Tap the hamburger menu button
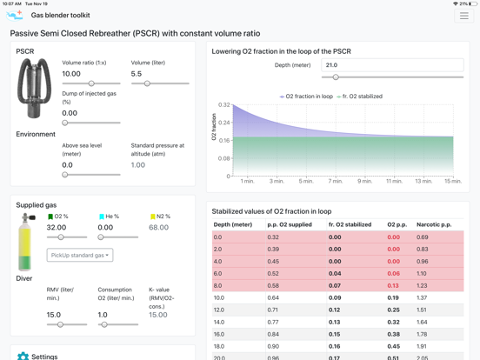click(x=463, y=16)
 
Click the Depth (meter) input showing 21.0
click(x=392, y=65)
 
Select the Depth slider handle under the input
click(x=336, y=77)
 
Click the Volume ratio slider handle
click(x=91, y=83)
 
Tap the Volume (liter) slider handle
click(x=147, y=83)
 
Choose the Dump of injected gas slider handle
click(x=65, y=123)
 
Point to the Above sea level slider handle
click(x=65, y=175)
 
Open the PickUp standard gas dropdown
click(x=80, y=255)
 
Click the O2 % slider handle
click(x=61, y=237)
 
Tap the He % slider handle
click(x=101, y=237)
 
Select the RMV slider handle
click(x=60, y=324)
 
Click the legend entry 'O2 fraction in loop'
click(x=306, y=97)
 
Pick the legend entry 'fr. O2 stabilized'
click(x=359, y=97)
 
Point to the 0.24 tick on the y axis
click(x=223, y=123)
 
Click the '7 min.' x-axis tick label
click(x=336, y=181)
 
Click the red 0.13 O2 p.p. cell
click(x=393, y=285)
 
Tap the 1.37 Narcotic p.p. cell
click(x=422, y=298)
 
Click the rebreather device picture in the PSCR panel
click(x=34, y=88)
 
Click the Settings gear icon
click(x=23, y=357)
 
